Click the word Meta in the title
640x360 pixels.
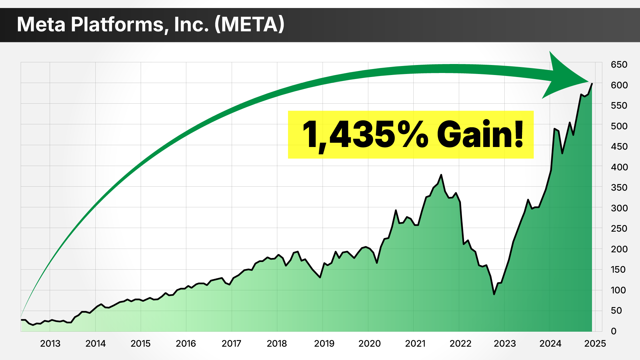coord(41,24)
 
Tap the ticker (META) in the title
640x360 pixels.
coord(249,24)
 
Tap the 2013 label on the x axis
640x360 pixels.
coord(50,343)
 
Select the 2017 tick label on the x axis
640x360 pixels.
coord(231,343)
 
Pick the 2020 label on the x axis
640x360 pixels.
coord(369,343)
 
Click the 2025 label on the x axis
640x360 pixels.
coord(595,343)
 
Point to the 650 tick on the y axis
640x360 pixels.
coord(619,65)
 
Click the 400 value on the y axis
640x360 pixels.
coord(619,167)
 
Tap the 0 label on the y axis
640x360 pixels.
coord(614,331)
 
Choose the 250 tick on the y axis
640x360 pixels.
coord(619,229)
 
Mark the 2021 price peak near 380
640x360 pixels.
coord(441,175)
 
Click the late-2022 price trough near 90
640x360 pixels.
coord(494,294)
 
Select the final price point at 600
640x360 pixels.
coord(592,84)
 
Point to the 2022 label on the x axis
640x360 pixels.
coord(460,343)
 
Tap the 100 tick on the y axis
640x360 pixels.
coord(618,290)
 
